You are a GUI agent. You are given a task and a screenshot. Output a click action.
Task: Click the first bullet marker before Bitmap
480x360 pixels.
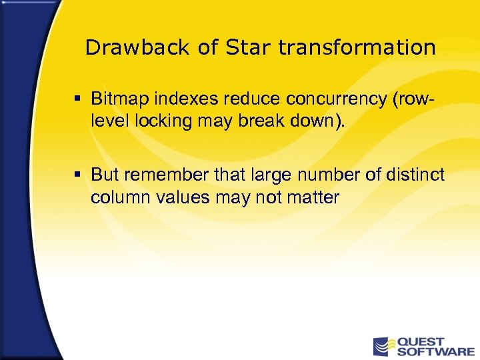78,99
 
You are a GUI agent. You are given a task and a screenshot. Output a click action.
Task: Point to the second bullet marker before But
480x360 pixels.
78,175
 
